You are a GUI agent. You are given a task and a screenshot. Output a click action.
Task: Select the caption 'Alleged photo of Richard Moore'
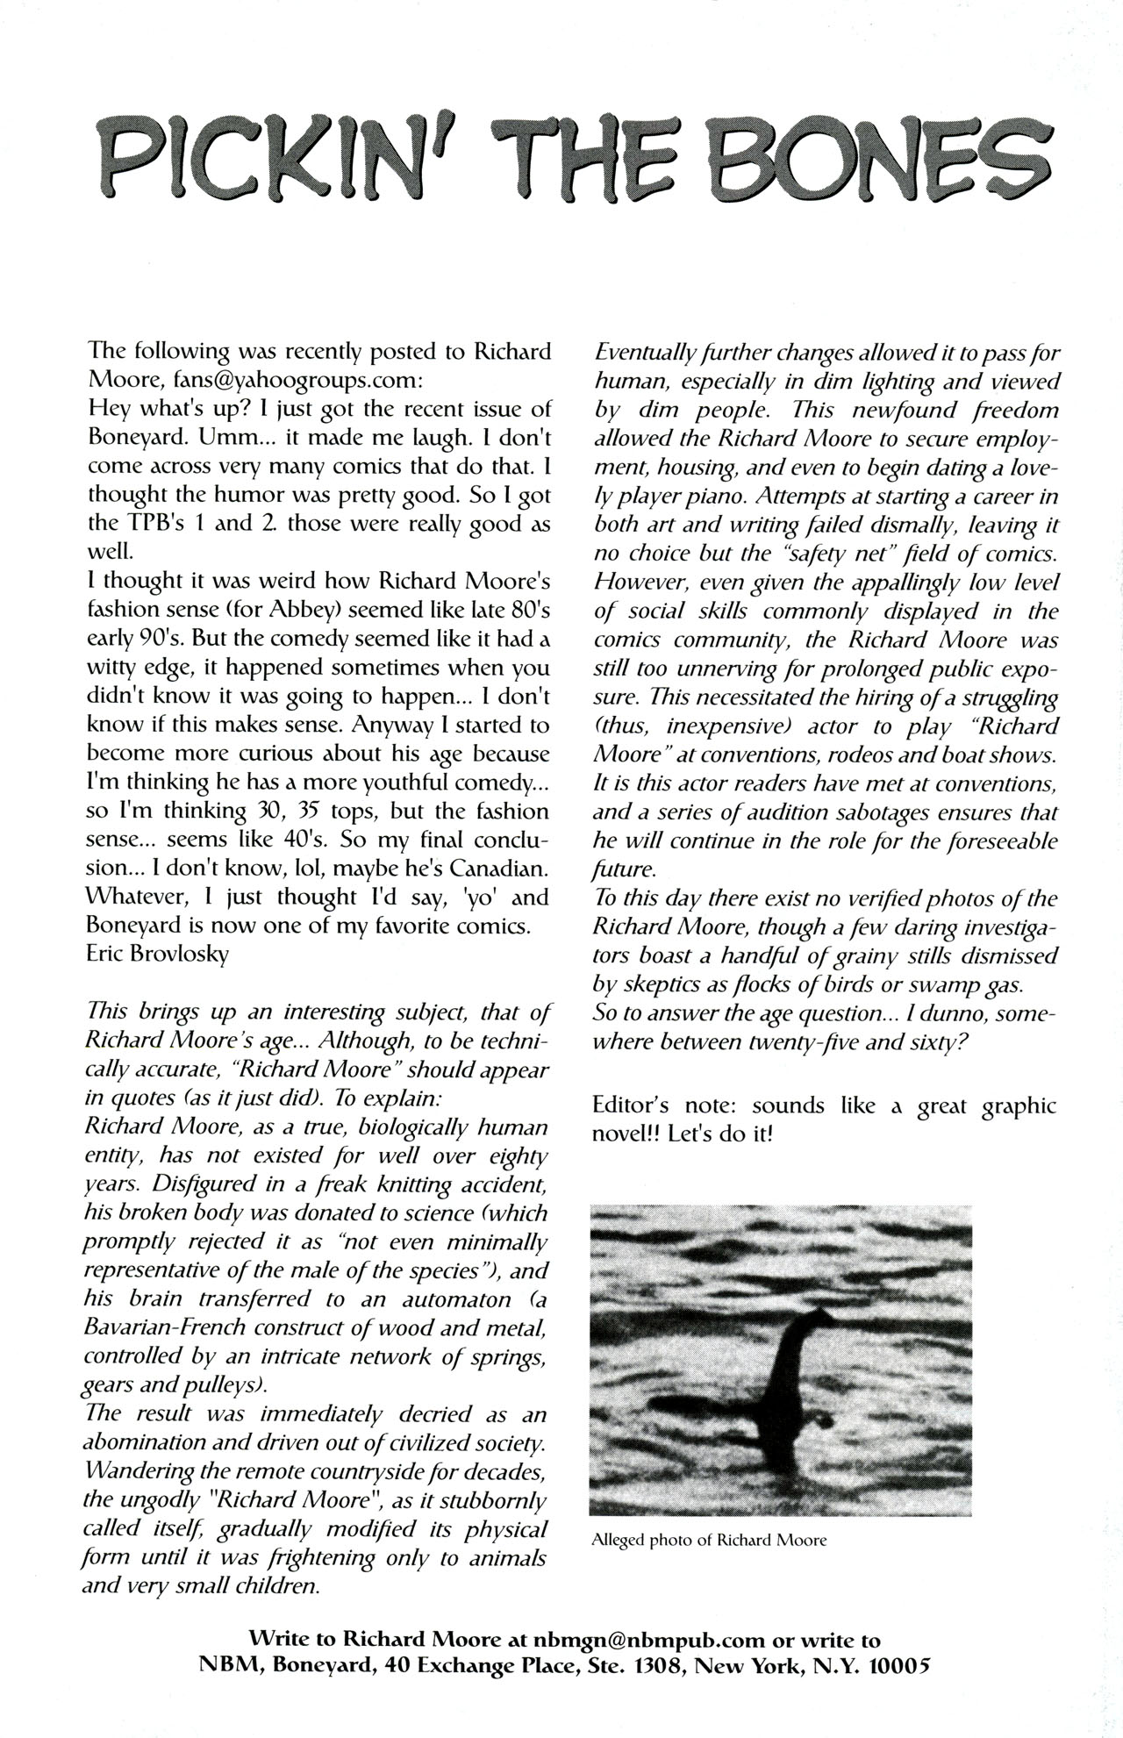(x=710, y=1539)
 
